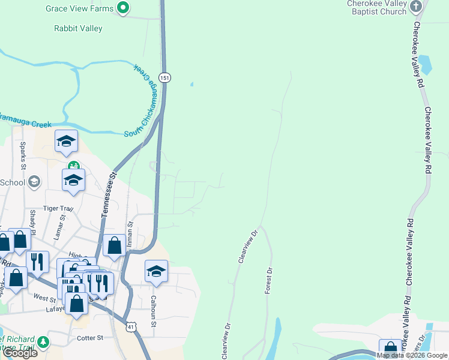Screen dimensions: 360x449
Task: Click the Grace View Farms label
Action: pyautogui.click(x=80, y=8)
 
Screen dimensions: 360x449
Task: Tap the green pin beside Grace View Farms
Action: pyautogui.click(x=123, y=8)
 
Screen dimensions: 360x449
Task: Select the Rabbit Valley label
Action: pyautogui.click(x=78, y=28)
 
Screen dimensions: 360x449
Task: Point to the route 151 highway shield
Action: pyautogui.click(x=165, y=77)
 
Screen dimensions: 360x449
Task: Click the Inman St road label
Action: pyautogui.click(x=130, y=235)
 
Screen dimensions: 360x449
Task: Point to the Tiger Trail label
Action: pyautogui.click(x=58, y=209)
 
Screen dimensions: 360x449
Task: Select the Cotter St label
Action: pyautogui.click(x=90, y=338)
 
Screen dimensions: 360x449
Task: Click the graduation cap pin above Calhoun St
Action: pyautogui.click(x=156, y=271)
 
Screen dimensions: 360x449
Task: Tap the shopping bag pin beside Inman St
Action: pyautogui.click(x=114, y=245)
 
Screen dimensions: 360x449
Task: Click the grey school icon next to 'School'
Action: pyautogui.click(x=35, y=181)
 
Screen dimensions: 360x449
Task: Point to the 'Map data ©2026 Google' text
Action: pyautogui.click(x=412, y=355)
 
